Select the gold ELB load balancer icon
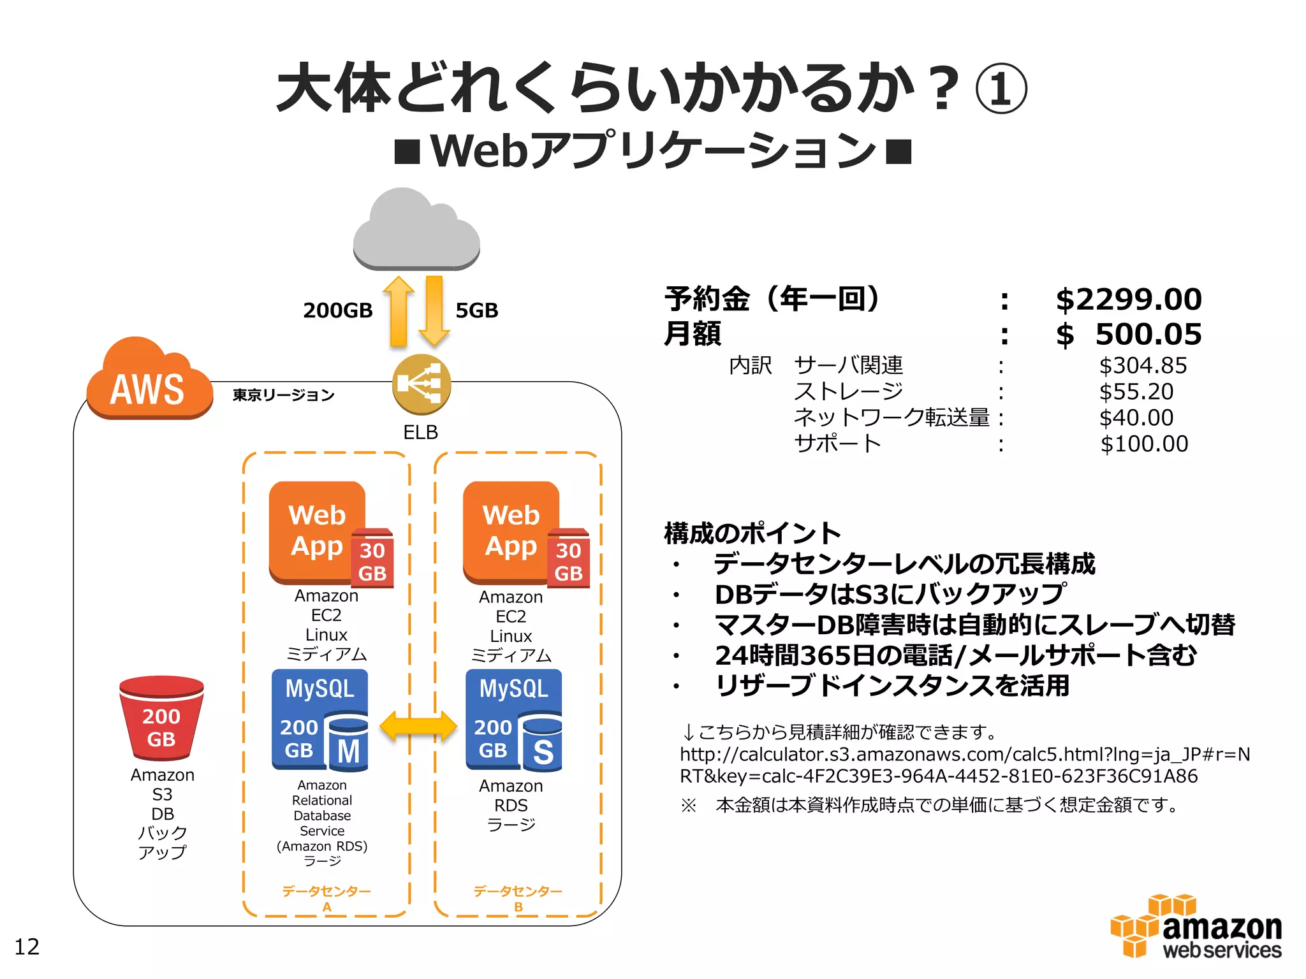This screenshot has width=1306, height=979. [x=421, y=384]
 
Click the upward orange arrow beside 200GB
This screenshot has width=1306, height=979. [x=399, y=312]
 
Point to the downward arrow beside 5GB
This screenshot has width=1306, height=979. [x=434, y=312]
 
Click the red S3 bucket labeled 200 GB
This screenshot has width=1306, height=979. [x=161, y=718]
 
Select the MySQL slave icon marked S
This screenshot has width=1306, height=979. [x=514, y=720]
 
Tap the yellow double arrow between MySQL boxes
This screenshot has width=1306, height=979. [x=418, y=726]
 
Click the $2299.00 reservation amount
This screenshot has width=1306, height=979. [x=1128, y=300]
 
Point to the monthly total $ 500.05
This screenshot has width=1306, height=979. [x=1128, y=335]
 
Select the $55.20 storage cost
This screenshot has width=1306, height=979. [x=1136, y=391]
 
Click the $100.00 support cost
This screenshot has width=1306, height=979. [x=1143, y=444]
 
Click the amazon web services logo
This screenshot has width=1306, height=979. [x=1196, y=927]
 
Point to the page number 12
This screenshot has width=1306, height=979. [x=27, y=946]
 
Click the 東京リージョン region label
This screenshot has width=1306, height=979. [x=283, y=395]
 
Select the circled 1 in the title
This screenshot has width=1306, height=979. [x=1001, y=89]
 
